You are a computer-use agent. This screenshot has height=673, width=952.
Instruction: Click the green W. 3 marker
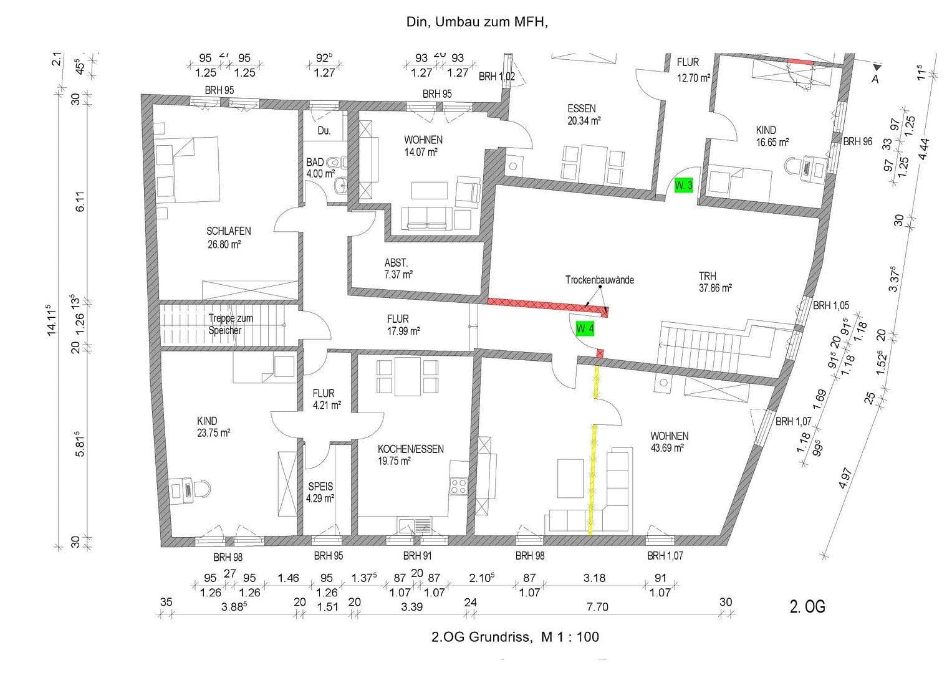pos(684,186)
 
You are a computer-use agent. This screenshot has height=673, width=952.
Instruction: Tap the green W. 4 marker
pos(584,328)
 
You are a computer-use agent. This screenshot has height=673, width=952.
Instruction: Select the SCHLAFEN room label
pos(228,231)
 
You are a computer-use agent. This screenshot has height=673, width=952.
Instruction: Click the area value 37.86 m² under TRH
pos(714,288)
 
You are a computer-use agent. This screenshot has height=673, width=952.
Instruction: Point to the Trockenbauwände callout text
pos(599,280)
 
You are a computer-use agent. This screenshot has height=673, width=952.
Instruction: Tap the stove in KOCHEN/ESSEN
pos(459,485)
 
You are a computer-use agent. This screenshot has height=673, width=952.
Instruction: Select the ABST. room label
pos(396,263)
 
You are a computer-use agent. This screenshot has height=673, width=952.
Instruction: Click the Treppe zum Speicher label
pos(230,324)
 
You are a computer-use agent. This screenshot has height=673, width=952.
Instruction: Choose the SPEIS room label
pos(321,486)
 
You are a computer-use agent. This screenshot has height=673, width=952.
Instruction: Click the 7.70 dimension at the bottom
pos(597,606)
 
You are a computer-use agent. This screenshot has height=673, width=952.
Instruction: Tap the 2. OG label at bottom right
pos(807,606)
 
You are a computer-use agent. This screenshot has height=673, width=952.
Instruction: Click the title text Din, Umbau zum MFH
pos(476,22)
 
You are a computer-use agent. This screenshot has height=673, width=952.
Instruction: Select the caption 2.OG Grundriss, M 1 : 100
pos(515,637)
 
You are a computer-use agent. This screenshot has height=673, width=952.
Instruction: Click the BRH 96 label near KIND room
pos(857,142)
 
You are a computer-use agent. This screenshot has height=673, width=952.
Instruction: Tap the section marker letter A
pos(875,79)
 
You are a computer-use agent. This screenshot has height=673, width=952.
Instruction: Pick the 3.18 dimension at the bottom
pos(594,578)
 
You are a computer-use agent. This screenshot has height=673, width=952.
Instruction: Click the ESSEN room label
pos(581,108)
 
